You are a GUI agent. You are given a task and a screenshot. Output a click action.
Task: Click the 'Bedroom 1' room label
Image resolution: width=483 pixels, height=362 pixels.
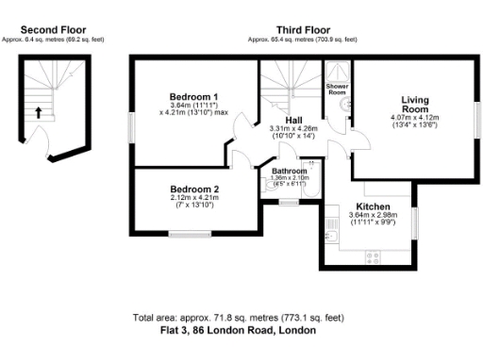click(194, 97)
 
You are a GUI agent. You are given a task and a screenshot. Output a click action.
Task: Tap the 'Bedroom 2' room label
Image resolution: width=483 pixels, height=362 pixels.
click(194, 189)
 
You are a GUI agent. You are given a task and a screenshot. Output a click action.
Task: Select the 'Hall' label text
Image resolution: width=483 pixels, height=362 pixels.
click(292, 120)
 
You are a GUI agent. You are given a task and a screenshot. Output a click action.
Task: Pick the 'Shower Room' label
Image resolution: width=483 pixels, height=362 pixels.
click(338, 90)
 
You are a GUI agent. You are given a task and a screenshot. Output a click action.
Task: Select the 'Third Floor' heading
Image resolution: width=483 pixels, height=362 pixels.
click(302, 30)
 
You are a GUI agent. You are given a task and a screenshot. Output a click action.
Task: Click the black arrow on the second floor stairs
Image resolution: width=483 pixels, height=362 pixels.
click(39, 112)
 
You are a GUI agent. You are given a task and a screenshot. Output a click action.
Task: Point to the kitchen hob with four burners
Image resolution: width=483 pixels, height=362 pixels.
click(373, 255)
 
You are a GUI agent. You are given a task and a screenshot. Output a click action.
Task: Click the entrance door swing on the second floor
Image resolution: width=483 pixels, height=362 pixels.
click(42, 145)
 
